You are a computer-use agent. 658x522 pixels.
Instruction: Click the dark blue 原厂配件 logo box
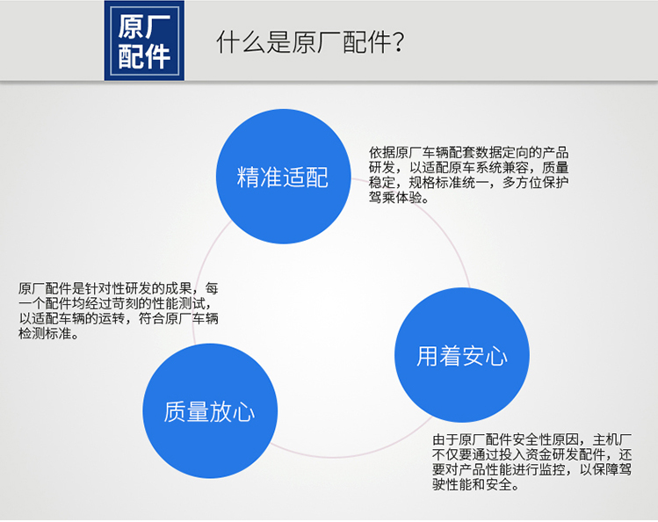click(144, 40)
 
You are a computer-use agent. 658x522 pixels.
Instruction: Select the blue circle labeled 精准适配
click(284, 177)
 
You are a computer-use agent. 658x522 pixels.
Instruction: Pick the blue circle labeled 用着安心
click(462, 355)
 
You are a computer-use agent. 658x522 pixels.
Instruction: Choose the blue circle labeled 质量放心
click(210, 410)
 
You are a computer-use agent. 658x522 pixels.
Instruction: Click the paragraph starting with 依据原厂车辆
click(469, 175)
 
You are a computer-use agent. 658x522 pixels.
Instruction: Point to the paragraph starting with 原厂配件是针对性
click(119, 311)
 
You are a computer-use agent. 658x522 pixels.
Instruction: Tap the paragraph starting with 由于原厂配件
click(532, 462)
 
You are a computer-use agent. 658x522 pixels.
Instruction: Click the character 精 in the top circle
click(248, 177)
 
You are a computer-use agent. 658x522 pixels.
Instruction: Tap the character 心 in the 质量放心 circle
click(244, 411)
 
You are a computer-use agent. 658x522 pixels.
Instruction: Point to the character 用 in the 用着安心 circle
click(427, 356)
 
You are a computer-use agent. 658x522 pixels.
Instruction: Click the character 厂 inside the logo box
click(158, 26)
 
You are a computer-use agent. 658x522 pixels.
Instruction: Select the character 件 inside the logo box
click(158, 56)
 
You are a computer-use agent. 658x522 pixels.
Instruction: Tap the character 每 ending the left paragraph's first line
click(212, 288)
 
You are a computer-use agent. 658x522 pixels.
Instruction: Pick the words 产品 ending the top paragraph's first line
click(555, 152)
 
